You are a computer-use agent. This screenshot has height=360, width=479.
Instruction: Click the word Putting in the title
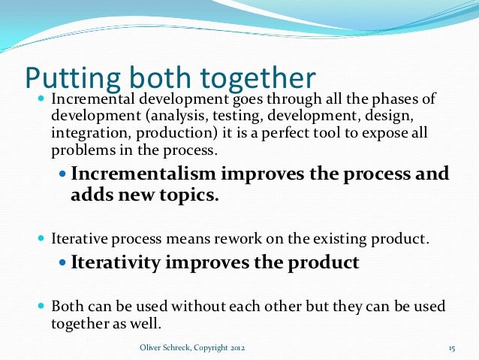click(x=66, y=77)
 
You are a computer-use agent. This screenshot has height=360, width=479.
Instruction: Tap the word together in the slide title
click(x=258, y=77)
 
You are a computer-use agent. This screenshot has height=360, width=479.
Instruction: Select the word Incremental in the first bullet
click(x=88, y=100)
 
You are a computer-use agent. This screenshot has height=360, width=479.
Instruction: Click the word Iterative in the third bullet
click(x=78, y=241)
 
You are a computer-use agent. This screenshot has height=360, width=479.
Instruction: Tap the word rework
click(x=212, y=241)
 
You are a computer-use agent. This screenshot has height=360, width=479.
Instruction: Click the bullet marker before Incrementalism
click(x=63, y=174)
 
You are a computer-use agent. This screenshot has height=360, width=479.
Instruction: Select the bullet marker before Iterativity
click(x=63, y=264)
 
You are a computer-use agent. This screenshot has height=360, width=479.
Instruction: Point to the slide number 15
click(x=452, y=348)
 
